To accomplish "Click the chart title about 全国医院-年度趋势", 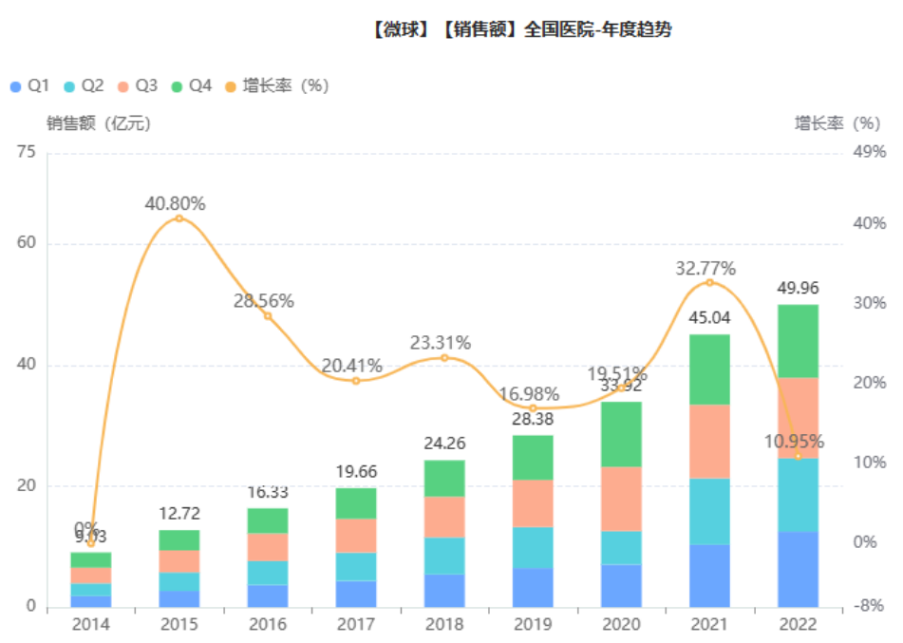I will (522, 30).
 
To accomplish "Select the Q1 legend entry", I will (29, 85).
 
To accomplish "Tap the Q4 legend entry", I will (191, 85).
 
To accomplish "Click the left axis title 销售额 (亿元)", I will (98, 123).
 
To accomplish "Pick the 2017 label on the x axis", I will (356, 624).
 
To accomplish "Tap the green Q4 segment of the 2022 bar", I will (798, 341).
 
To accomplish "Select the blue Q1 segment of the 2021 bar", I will (709, 575).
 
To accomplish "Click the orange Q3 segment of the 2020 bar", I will (621, 499).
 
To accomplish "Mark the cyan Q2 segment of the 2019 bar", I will (533, 547).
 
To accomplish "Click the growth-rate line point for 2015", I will (179, 218).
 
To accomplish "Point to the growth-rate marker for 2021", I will (709, 282).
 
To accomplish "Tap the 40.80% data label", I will (176, 202).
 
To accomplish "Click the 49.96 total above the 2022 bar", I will (798, 288).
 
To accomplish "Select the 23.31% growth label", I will (441, 343).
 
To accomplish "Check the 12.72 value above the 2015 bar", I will (179, 514).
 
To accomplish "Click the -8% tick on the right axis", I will (868, 606).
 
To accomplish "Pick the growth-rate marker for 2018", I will (444, 357).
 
